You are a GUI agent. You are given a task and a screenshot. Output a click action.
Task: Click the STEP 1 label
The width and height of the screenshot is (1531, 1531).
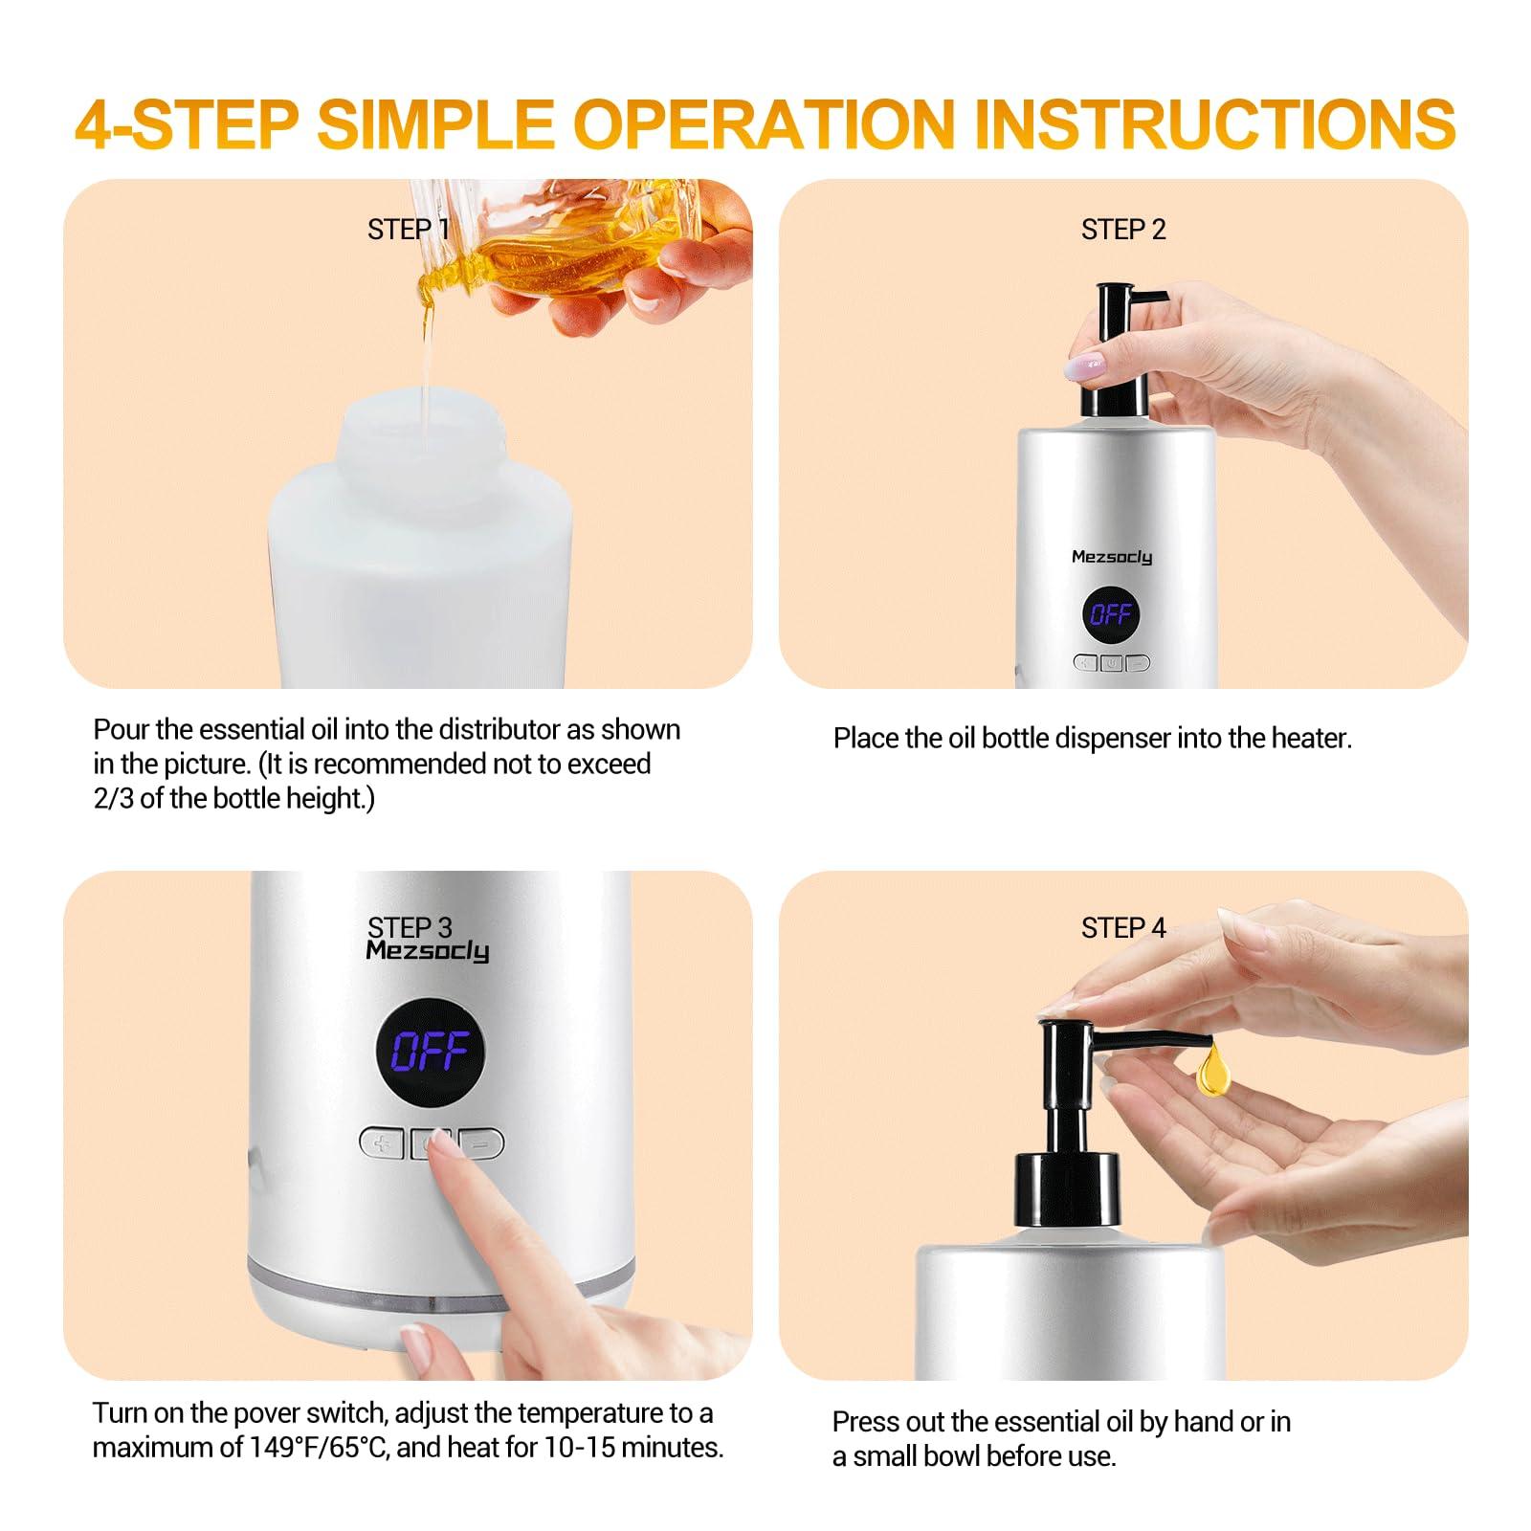coord(408,230)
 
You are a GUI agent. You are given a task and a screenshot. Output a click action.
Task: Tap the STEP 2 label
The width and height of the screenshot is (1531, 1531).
coord(1123,230)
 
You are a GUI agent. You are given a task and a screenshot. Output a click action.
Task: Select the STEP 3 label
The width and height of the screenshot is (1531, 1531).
coord(410,926)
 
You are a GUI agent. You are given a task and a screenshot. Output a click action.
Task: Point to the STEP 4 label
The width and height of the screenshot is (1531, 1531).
coord(1123,927)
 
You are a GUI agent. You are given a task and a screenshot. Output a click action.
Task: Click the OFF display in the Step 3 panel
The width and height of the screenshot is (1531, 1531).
coord(430,1052)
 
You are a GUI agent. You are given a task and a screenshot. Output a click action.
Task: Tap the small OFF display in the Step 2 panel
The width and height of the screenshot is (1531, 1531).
coord(1111,613)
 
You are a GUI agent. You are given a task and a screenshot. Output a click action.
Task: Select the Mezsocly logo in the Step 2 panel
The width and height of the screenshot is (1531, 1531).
coord(1111,556)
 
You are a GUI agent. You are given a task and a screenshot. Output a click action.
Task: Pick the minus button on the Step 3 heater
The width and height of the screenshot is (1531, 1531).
coord(484,1143)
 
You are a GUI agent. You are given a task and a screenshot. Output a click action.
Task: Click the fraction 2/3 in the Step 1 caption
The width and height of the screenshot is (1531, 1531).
coord(114,798)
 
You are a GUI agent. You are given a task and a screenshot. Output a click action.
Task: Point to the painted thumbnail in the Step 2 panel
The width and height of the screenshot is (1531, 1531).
coord(1085,365)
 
